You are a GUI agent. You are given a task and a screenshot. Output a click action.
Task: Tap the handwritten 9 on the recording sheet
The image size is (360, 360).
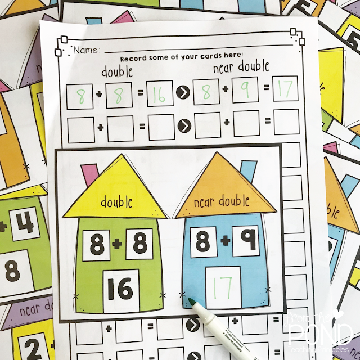point(246,92)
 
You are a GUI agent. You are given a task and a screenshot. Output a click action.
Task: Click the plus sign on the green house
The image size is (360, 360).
point(118,243)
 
